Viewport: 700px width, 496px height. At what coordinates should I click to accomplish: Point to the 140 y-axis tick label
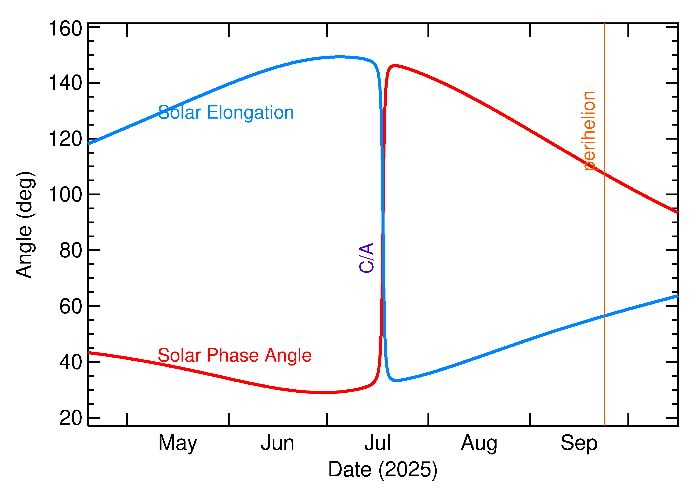click(65, 83)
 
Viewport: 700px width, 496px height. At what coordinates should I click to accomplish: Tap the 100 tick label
click(65, 195)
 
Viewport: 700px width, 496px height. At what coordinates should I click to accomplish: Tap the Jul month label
click(377, 443)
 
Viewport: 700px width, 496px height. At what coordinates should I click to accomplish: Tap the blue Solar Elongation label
click(226, 113)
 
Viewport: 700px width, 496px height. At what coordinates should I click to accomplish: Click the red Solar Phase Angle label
click(234, 355)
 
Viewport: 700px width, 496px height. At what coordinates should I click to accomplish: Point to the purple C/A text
click(366, 257)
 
